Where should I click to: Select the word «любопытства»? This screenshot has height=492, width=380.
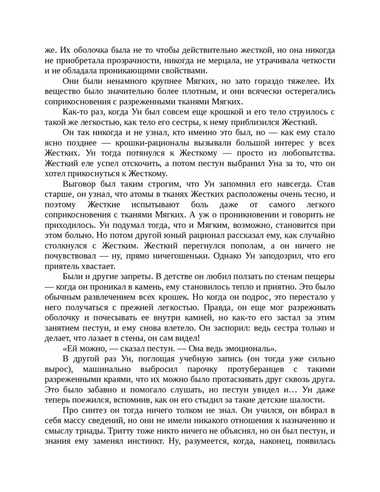(x=305, y=153)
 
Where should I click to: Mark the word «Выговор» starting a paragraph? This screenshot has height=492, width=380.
(x=78, y=184)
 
